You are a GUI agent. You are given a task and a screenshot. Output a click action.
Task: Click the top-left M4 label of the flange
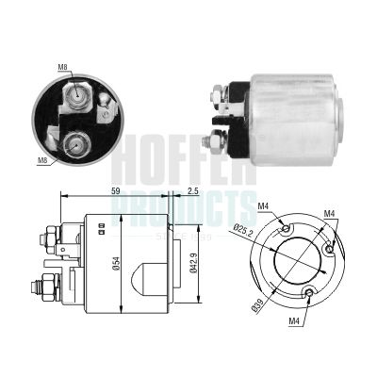tap(264, 205)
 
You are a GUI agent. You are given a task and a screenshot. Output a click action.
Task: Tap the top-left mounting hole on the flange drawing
tap(286, 227)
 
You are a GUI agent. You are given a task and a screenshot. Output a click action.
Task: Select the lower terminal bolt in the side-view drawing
tap(41, 286)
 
